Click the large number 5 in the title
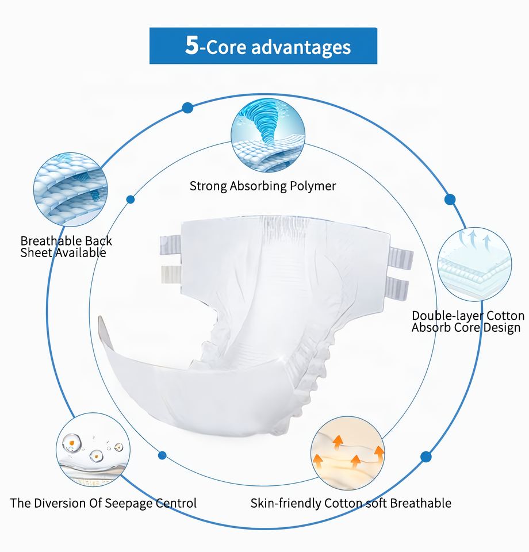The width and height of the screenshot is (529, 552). point(191,46)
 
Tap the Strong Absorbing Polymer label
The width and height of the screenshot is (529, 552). point(263,186)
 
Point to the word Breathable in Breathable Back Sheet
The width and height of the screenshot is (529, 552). point(49,241)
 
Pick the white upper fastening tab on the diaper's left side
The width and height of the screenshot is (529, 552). point(170,274)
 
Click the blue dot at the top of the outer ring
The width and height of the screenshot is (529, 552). point(187,108)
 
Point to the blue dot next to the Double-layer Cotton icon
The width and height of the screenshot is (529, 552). point(450,200)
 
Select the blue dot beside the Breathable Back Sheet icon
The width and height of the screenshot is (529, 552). point(131,200)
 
